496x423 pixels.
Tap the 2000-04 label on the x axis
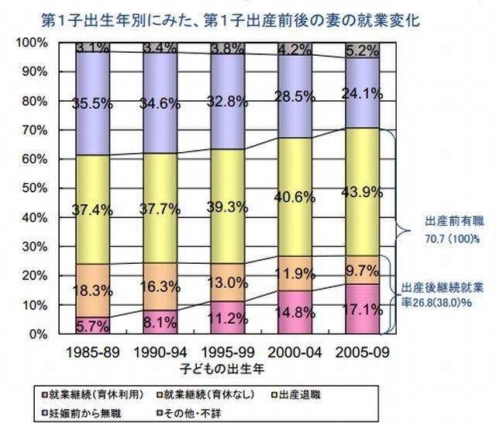pyautogui.click(x=291, y=351)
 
